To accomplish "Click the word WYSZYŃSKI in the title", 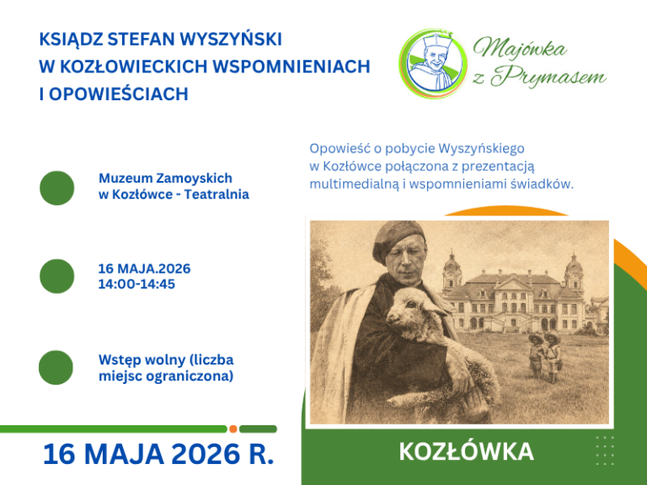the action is click(231, 40).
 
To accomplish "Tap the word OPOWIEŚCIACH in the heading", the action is click(119, 94).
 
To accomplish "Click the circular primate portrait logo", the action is click(433, 63).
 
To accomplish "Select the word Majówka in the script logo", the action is click(520, 49).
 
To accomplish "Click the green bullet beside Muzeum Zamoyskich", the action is click(57, 188).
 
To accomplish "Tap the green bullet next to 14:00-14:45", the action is click(57, 276).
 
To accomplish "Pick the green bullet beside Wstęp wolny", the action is click(56, 367).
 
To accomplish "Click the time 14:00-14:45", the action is click(136, 284).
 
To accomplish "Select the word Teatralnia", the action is click(217, 195).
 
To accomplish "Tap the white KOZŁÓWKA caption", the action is click(466, 451).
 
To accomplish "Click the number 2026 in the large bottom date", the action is click(205, 454).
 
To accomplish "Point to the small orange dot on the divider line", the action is click(233, 429).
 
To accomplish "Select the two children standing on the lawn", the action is click(545, 357).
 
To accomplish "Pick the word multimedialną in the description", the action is click(355, 184).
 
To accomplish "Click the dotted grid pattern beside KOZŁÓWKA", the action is click(605, 450).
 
